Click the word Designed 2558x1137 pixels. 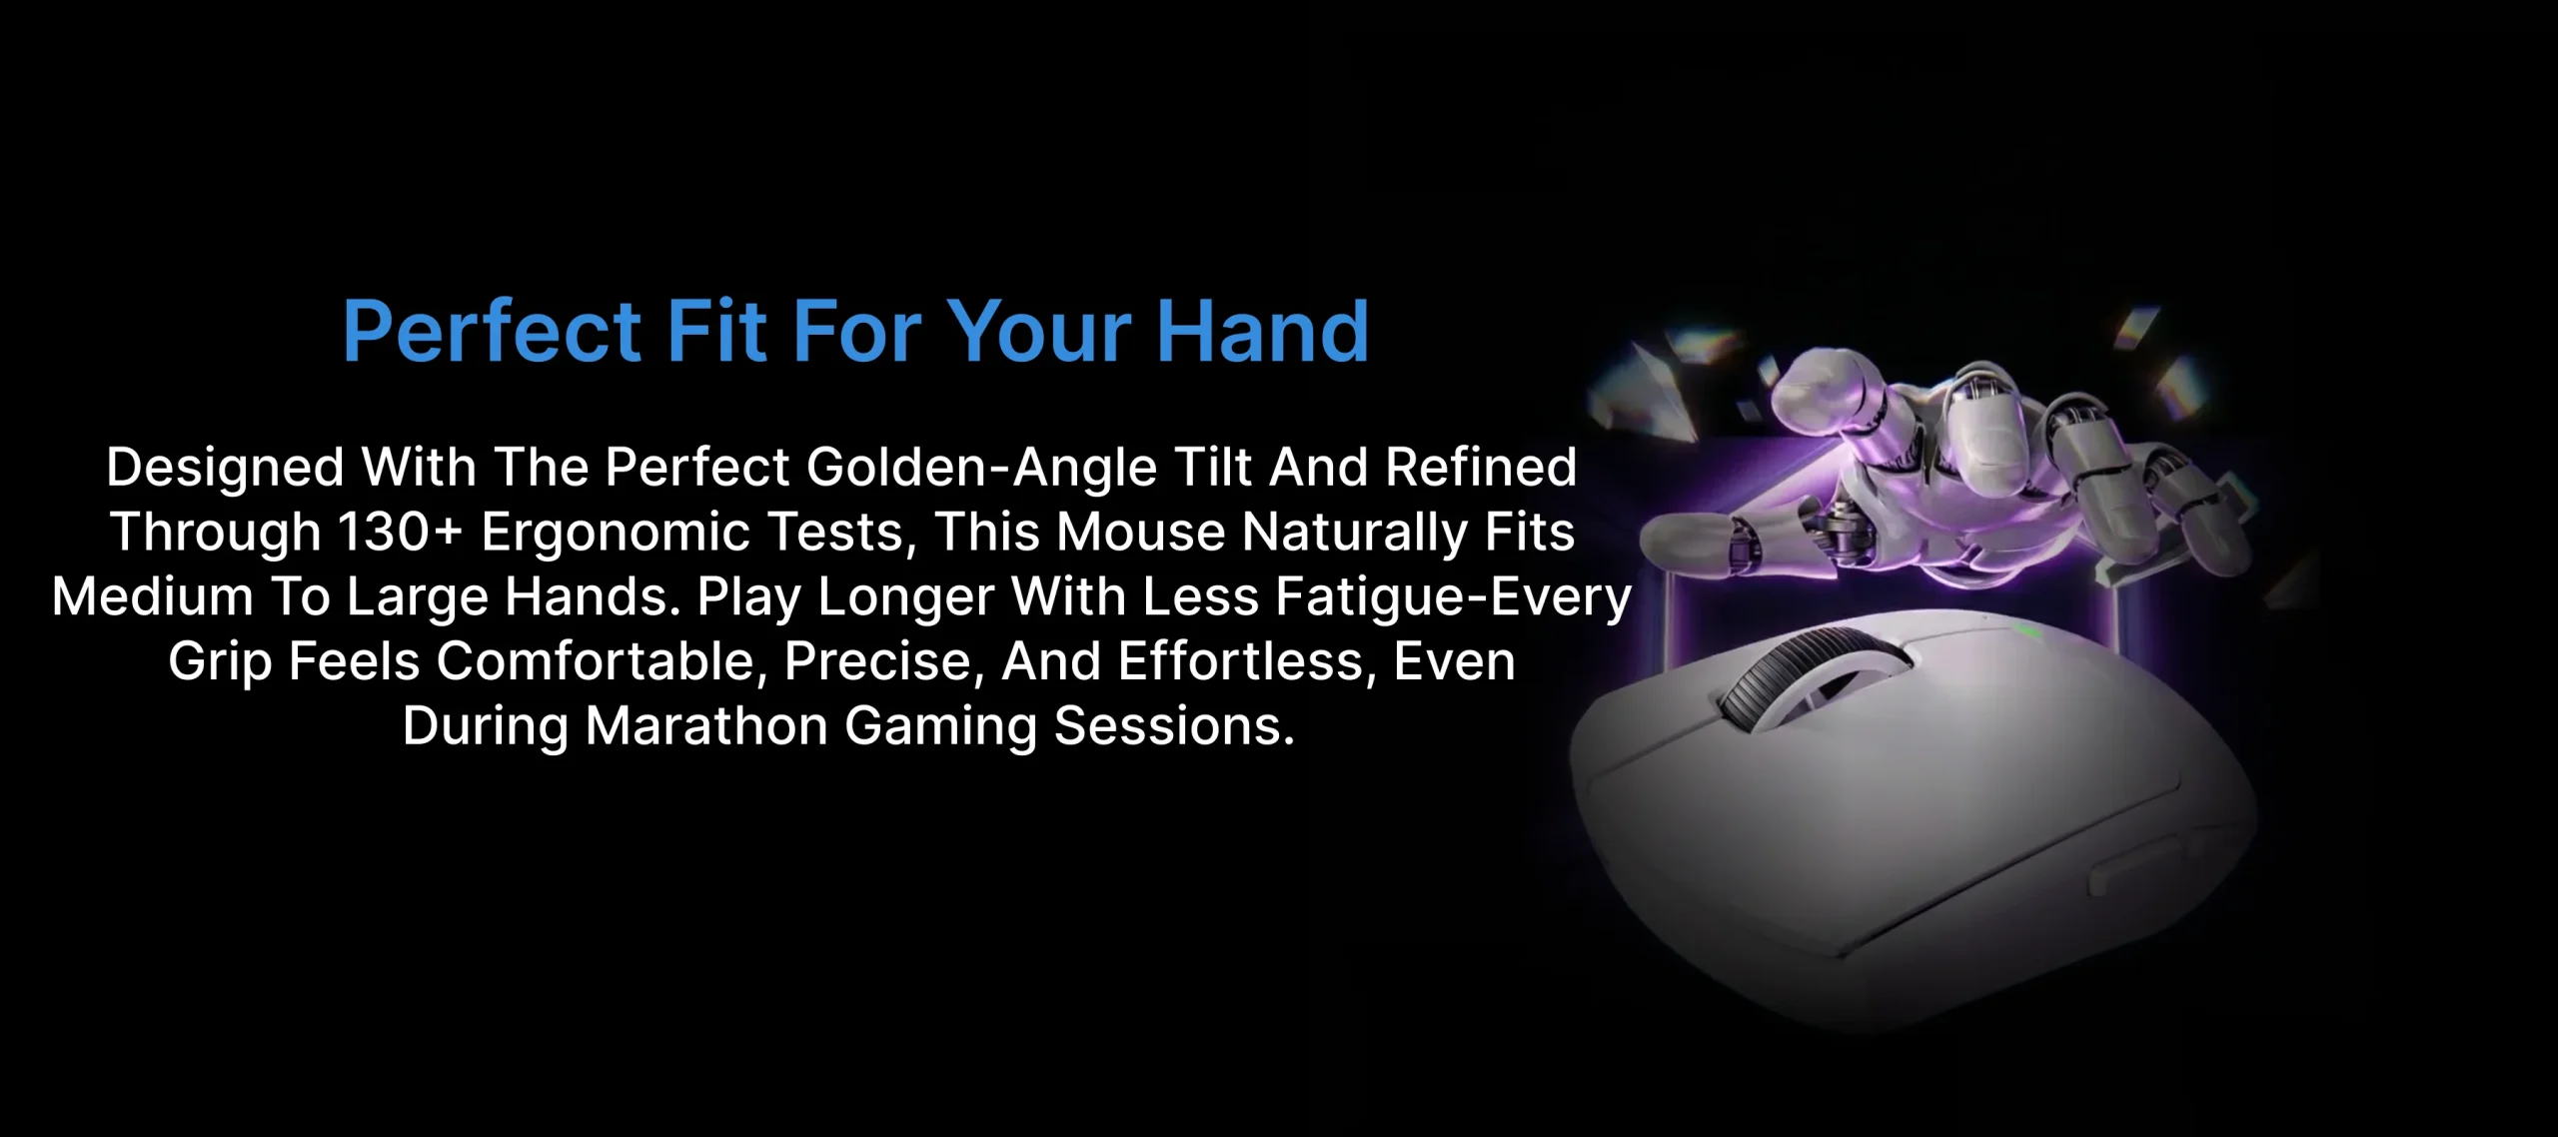coord(226,469)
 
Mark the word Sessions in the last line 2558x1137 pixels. coord(1174,725)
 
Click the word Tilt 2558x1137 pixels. coord(1213,467)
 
